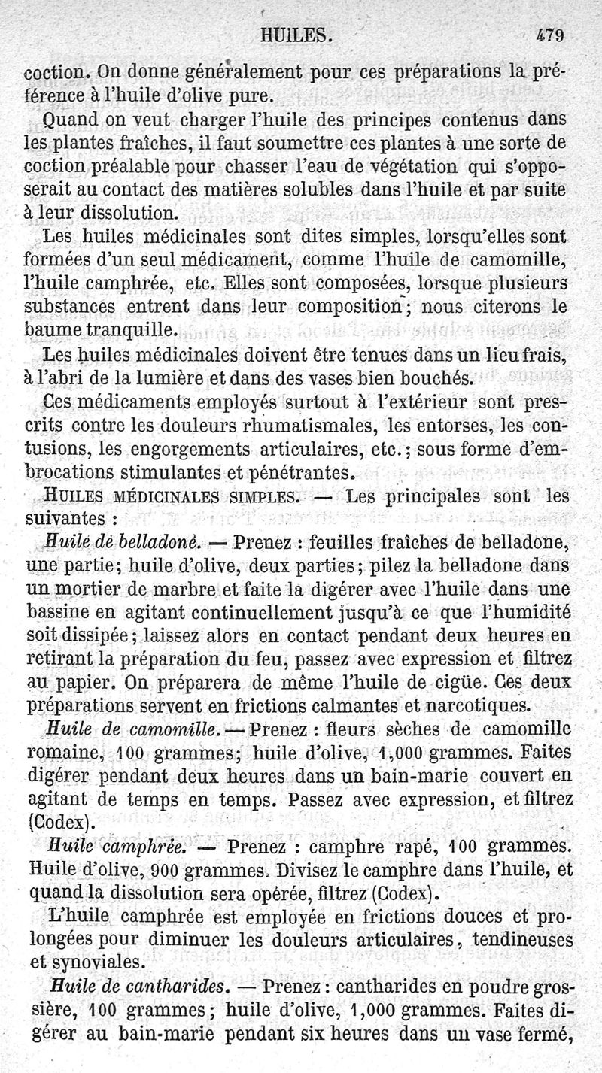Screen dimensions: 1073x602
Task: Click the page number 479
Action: coord(551,35)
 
